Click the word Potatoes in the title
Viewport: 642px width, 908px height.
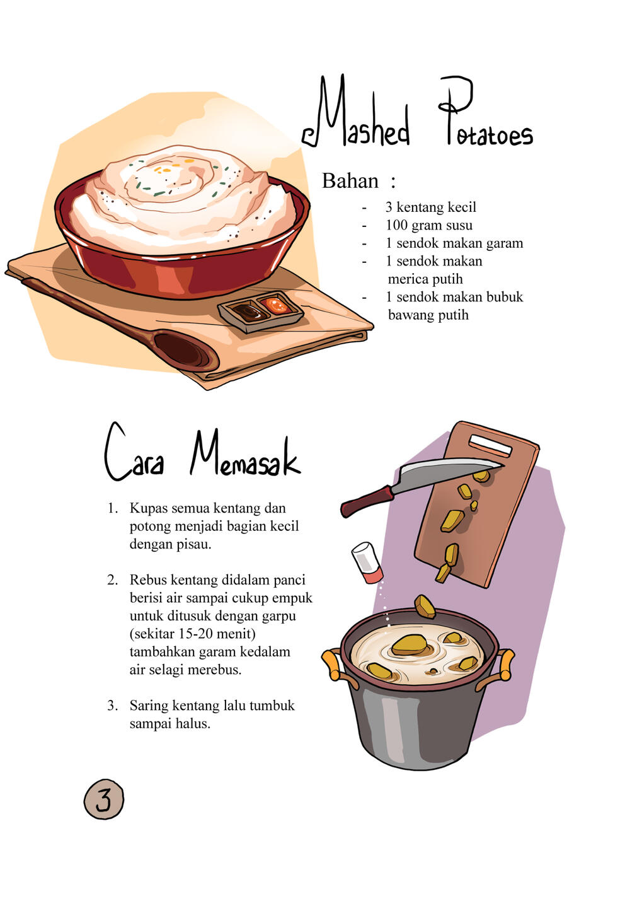point(486,111)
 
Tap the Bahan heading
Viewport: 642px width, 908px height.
point(350,181)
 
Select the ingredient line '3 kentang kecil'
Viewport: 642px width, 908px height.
point(430,207)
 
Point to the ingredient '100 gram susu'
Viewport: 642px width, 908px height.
point(429,225)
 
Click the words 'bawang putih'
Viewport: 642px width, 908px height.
point(428,315)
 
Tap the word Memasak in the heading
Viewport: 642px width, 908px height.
point(245,454)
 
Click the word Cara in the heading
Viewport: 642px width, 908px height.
point(134,452)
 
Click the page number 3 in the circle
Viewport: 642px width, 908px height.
point(104,799)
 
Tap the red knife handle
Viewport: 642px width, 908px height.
point(367,502)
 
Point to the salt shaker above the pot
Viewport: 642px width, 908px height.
point(367,562)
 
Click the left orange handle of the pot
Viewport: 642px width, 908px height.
point(333,664)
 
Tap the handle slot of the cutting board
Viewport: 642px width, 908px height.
point(491,446)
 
